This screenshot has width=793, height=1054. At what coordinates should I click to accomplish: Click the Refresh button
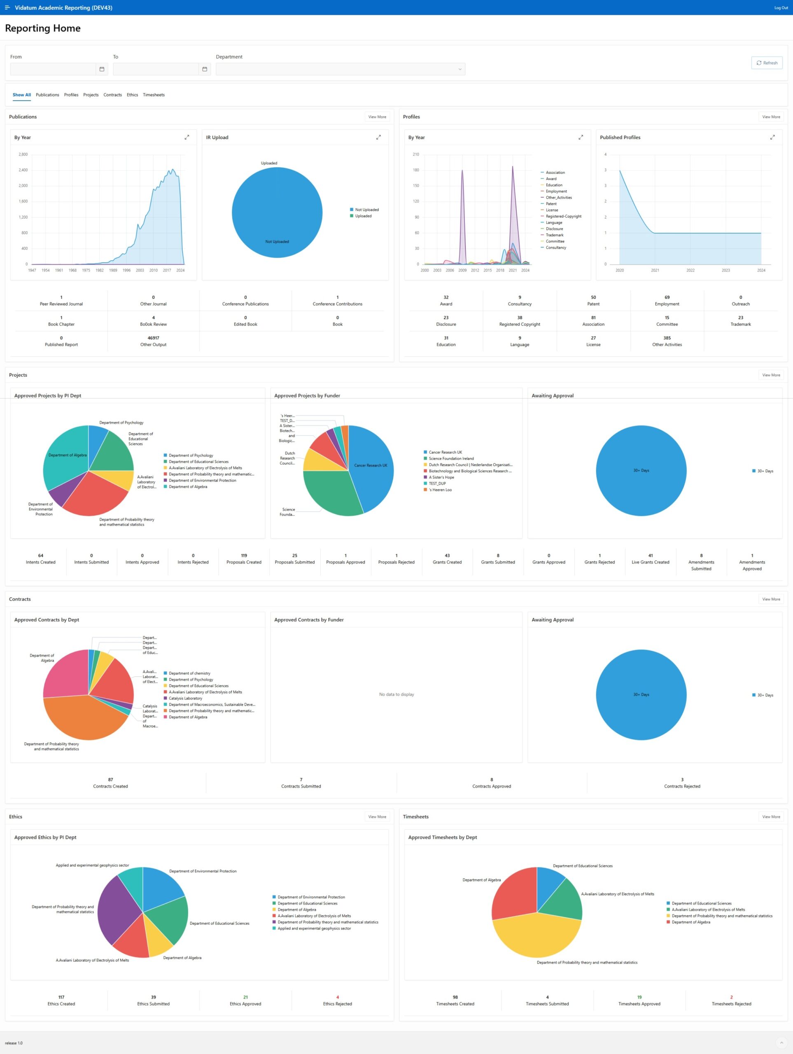[x=766, y=63]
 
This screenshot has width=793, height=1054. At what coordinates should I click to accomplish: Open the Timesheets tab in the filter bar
[x=154, y=95]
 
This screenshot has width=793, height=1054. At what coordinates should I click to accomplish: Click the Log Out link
[x=781, y=8]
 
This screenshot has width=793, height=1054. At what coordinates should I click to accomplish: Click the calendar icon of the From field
[x=102, y=69]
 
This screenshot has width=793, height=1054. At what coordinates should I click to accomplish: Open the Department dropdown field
[x=340, y=69]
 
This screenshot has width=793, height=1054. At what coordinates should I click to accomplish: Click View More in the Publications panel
[x=377, y=117]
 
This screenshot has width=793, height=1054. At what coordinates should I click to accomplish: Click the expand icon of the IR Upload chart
[x=378, y=137]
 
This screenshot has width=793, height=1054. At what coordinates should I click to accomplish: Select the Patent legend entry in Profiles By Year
[x=551, y=204]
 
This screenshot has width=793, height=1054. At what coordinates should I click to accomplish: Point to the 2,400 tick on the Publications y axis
[x=23, y=170]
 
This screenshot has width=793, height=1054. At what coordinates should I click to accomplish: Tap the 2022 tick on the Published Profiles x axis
[x=690, y=270]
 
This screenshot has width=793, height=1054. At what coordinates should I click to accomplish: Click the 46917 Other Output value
[x=153, y=338]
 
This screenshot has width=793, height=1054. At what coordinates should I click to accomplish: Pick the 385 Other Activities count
[x=667, y=338]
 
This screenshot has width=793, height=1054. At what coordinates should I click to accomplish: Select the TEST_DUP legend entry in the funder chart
[x=437, y=484]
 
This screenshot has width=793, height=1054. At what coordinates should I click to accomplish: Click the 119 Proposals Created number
[x=244, y=555]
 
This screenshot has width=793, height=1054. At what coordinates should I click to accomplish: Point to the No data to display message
[x=396, y=694]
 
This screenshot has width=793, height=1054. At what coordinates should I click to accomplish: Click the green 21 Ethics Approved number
[x=245, y=997]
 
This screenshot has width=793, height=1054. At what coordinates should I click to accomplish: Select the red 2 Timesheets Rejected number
[x=731, y=997]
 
